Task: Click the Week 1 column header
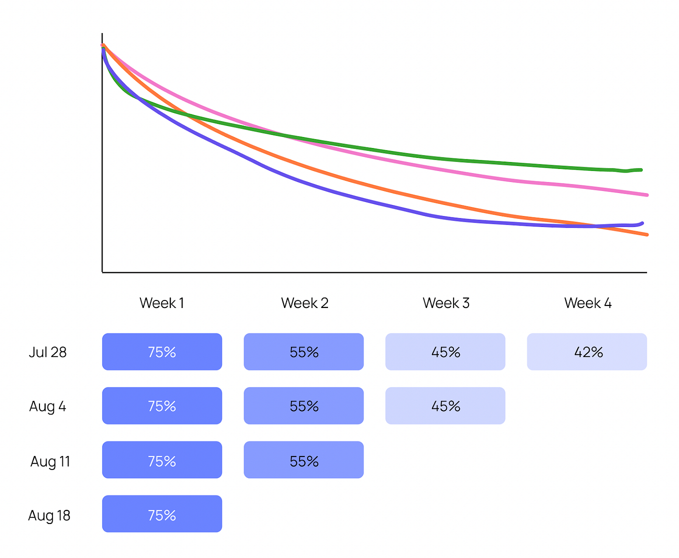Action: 161,303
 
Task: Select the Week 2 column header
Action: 304,303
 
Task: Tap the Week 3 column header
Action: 445,303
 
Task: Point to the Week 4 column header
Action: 587,303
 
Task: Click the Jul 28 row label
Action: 47,352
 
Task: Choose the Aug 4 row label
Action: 47,406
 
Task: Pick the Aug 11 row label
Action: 50,461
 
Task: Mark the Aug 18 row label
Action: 49,515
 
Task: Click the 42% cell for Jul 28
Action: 587,352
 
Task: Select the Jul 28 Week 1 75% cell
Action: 162,352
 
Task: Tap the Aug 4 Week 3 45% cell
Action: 445,406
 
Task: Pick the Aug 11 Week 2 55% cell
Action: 303,460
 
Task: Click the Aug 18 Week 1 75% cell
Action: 162,514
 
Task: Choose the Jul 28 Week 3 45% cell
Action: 445,352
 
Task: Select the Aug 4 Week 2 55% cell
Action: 303,406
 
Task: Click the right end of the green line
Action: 641,170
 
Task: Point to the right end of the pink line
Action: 647,195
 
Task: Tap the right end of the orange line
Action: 647,234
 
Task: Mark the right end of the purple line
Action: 642,223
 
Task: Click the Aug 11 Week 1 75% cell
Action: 162,460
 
